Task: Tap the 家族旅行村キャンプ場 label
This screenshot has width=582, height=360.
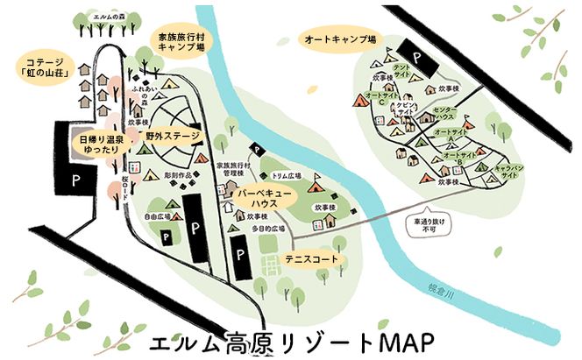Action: tap(182, 44)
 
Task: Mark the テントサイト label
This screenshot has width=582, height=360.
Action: tap(402, 71)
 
